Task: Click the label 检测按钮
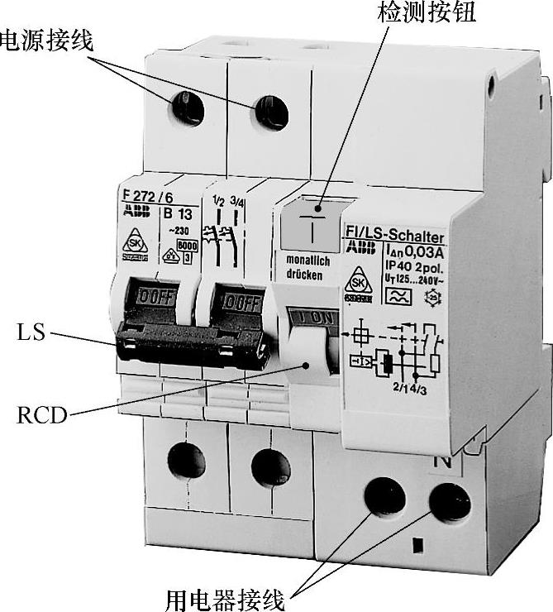427,12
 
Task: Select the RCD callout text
41,414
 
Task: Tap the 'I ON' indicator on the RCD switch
309,318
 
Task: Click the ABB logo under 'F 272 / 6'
133,211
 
